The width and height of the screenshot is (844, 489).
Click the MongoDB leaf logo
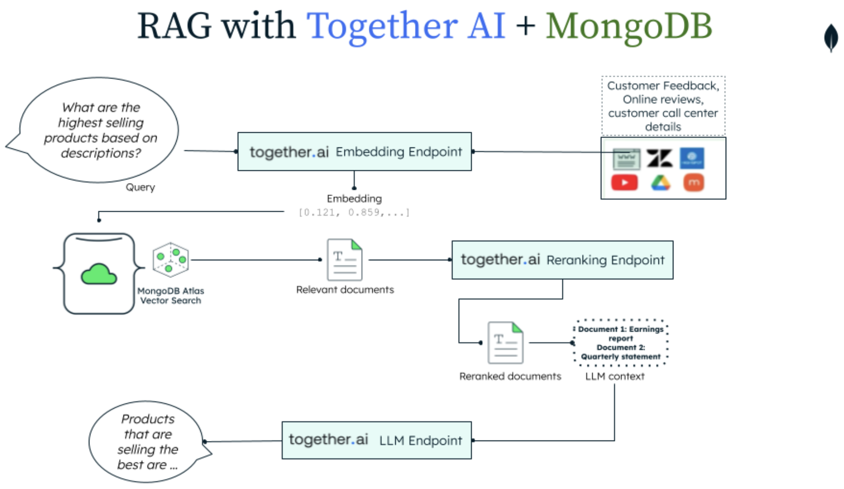831,38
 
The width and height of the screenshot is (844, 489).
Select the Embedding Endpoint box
354,152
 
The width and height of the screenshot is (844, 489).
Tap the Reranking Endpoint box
562,260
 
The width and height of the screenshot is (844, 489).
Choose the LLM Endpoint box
376,440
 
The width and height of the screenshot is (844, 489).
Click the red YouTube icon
624,183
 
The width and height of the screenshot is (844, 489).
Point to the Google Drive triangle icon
660,183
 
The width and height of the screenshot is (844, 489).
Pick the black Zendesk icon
659,158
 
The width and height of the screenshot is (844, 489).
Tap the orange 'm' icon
693,183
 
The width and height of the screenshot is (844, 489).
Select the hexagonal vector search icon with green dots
171,260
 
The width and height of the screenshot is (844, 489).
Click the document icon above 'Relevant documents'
345,260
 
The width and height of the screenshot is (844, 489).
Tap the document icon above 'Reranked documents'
505,343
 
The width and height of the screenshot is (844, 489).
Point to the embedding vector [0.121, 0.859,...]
354,213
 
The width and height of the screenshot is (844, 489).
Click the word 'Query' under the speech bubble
140,187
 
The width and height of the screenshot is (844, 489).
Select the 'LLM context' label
614,376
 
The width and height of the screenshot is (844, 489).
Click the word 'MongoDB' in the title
629,26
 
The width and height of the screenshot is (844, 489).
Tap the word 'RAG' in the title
174,26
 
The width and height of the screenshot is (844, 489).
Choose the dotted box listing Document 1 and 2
620,343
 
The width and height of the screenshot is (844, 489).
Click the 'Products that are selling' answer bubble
147,441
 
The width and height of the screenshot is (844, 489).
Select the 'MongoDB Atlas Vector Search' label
171,296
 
